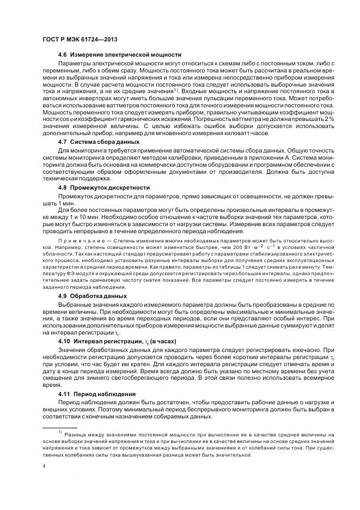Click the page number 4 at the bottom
pos(44,466)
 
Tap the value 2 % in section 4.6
pos(328,118)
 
